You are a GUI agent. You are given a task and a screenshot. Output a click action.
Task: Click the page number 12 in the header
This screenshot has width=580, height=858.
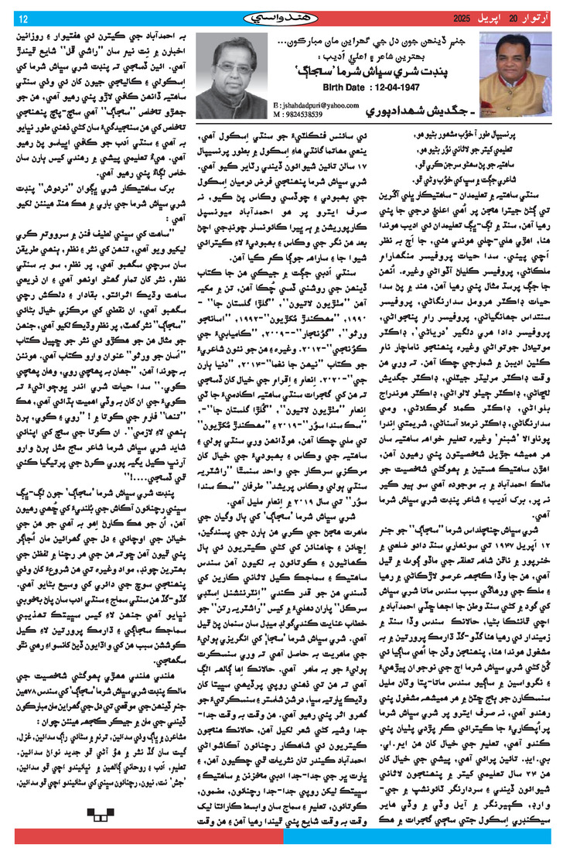point(22,19)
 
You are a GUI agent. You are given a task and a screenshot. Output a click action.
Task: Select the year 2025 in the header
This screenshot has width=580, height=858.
point(454,18)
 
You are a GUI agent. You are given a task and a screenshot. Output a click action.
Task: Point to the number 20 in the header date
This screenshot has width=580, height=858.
point(513,18)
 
